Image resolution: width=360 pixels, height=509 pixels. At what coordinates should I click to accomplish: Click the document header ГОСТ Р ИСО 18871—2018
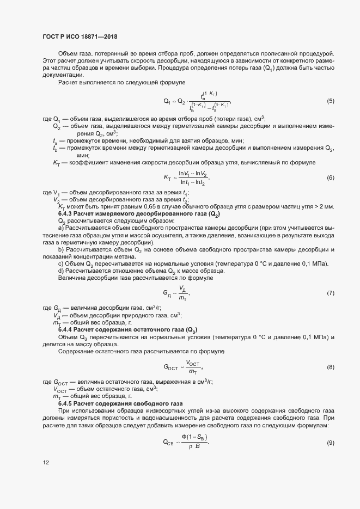point(80,36)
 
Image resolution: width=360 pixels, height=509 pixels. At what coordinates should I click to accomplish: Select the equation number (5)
point(330,101)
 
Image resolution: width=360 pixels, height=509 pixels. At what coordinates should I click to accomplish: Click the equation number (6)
point(330,178)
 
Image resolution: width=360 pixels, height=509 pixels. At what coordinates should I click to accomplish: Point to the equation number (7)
point(330,293)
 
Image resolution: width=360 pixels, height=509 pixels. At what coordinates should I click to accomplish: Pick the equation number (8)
point(330,366)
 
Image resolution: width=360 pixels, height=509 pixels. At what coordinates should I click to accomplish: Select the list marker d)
point(61,271)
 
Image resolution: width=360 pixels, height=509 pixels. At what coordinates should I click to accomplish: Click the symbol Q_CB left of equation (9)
point(169,442)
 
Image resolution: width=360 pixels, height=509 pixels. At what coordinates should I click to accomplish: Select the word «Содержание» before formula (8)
point(76,352)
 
